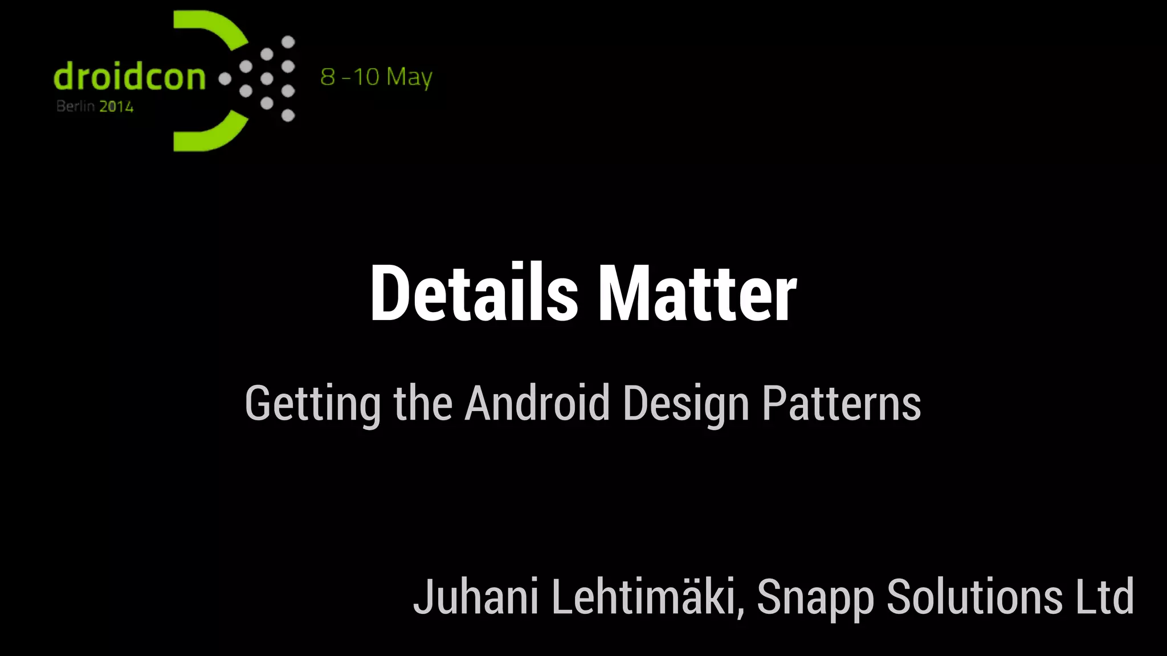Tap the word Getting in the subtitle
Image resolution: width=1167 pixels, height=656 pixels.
(x=313, y=404)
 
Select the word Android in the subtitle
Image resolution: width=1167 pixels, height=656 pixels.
(x=537, y=403)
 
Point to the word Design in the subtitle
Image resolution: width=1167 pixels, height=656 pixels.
(x=686, y=404)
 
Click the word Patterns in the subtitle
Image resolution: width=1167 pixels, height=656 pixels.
(x=841, y=403)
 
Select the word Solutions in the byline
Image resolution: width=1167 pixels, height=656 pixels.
(x=974, y=597)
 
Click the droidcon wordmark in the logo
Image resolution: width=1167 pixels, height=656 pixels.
(x=129, y=77)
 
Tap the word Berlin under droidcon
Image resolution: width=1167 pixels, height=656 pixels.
(x=75, y=106)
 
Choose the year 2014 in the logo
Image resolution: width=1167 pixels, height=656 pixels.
(x=116, y=106)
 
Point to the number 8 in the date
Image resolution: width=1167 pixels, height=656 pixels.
(x=328, y=77)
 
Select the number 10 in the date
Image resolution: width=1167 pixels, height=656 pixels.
(x=366, y=77)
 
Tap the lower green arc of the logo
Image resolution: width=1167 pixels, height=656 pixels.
(x=211, y=135)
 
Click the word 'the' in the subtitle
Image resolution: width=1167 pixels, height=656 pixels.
(x=423, y=403)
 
